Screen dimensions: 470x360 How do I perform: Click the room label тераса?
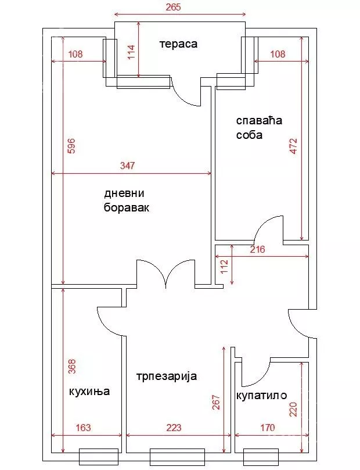click(x=179, y=44)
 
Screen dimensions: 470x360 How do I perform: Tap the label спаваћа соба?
click(x=258, y=128)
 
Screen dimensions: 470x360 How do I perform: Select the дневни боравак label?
click(x=127, y=200)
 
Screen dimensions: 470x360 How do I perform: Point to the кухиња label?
click(x=89, y=391)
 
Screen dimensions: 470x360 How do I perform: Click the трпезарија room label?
click(x=167, y=376)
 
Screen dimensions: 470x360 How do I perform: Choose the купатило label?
click(x=261, y=396)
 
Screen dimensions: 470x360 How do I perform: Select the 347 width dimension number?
click(x=127, y=166)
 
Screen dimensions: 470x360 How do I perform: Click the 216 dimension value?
click(x=257, y=250)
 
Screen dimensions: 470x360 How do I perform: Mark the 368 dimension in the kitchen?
click(x=71, y=367)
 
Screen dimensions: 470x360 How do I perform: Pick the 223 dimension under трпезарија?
click(x=174, y=428)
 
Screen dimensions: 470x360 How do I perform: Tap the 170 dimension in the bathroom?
click(x=267, y=428)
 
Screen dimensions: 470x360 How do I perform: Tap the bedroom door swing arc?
click(x=268, y=228)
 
